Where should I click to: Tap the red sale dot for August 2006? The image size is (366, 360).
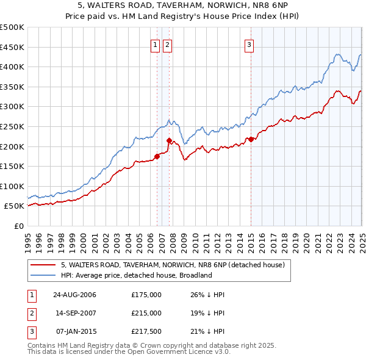coord(157,156)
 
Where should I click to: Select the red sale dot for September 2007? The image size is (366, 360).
coord(169,140)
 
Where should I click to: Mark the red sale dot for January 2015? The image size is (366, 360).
coord(251,139)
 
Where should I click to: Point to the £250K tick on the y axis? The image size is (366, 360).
coord(12,126)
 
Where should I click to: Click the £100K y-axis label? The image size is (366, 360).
coord(12,186)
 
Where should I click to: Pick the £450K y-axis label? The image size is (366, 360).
coord(12,47)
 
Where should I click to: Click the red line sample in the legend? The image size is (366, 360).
coord(43,265)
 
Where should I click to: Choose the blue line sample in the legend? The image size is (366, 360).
coord(43,275)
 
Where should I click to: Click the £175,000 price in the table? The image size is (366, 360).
coord(146,295)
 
